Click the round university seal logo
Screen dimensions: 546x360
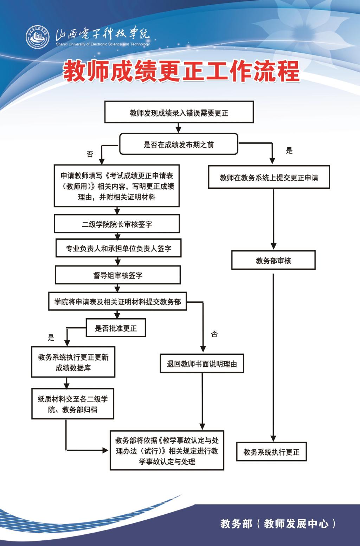[x=38, y=37]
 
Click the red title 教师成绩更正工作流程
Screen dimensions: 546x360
[x=181, y=71]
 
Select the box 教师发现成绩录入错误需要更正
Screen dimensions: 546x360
[x=179, y=113]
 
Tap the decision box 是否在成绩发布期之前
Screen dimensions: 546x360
[x=179, y=144]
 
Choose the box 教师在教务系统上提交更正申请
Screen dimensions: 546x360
[x=269, y=177]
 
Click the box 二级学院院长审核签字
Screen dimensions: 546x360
[x=117, y=224]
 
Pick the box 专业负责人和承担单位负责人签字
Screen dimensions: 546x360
[x=118, y=248]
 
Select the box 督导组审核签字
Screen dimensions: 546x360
[x=118, y=275]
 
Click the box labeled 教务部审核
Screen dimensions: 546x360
[x=273, y=260]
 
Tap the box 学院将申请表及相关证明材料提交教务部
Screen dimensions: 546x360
[x=117, y=301]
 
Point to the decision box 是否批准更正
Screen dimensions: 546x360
[x=116, y=328]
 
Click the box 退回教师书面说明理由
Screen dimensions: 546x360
[x=202, y=364]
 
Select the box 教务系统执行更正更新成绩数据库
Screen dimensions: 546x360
[x=73, y=362]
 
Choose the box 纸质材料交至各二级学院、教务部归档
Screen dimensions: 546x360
[x=73, y=404]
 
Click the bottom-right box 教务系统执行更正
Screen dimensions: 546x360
[x=271, y=451]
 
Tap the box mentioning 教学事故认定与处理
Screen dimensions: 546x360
[x=167, y=450]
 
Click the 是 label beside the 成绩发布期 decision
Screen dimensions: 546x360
[x=289, y=151]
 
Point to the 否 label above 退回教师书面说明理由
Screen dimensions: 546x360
[x=214, y=334]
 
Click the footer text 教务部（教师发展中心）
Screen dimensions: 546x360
[x=278, y=523]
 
